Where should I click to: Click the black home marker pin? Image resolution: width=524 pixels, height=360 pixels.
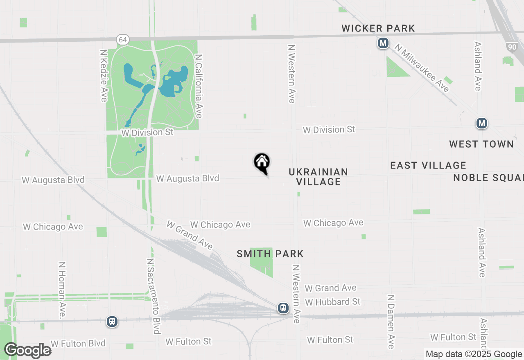tap(262, 163)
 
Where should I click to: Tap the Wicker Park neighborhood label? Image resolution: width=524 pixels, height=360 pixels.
tap(378, 28)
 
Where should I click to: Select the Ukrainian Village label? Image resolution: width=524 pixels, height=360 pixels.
tap(318, 177)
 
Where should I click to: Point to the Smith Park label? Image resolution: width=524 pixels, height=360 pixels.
tap(270, 254)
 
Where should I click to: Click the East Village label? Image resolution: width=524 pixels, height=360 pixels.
tap(428, 165)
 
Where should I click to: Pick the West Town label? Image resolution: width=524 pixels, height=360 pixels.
tap(481, 144)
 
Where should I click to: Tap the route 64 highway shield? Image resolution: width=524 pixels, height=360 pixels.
tap(123, 40)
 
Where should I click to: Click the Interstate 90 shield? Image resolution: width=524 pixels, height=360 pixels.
tap(511, 47)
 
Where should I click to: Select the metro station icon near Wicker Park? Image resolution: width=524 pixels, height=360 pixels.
tap(383, 43)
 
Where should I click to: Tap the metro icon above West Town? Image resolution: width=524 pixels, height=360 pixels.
tap(482, 123)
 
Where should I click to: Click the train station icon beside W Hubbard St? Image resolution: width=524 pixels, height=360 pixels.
tap(283, 308)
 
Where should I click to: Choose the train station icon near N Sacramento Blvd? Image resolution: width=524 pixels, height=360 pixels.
tap(112, 322)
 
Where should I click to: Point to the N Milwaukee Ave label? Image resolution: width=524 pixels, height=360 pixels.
tap(422, 68)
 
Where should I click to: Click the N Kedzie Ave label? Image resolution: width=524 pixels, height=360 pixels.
tap(104, 76)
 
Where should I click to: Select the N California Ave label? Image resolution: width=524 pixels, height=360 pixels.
tap(199, 86)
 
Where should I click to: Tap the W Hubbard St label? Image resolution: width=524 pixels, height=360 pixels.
tap(332, 302)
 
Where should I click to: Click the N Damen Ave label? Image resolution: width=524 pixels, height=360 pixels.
tap(391, 322)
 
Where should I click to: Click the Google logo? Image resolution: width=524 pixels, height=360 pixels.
tap(27, 351)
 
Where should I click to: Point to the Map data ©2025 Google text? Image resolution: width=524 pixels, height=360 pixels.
tap(474, 354)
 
